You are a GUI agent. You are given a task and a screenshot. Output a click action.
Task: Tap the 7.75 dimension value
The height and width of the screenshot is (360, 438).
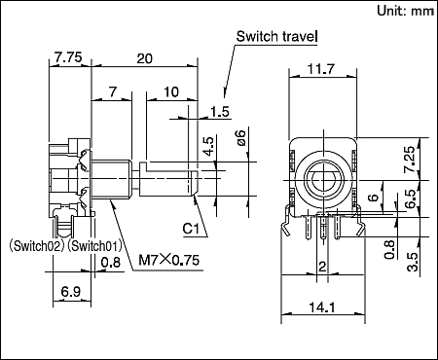click(68, 58)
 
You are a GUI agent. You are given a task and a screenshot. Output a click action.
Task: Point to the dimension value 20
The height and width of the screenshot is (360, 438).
click(144, 58)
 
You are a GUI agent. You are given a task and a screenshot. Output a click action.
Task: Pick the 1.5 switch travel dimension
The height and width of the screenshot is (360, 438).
click(220, 111)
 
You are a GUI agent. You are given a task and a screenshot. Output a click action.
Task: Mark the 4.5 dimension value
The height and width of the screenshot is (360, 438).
click(207, 146)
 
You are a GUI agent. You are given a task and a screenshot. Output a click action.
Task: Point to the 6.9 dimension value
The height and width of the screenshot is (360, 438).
click(70, 291)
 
